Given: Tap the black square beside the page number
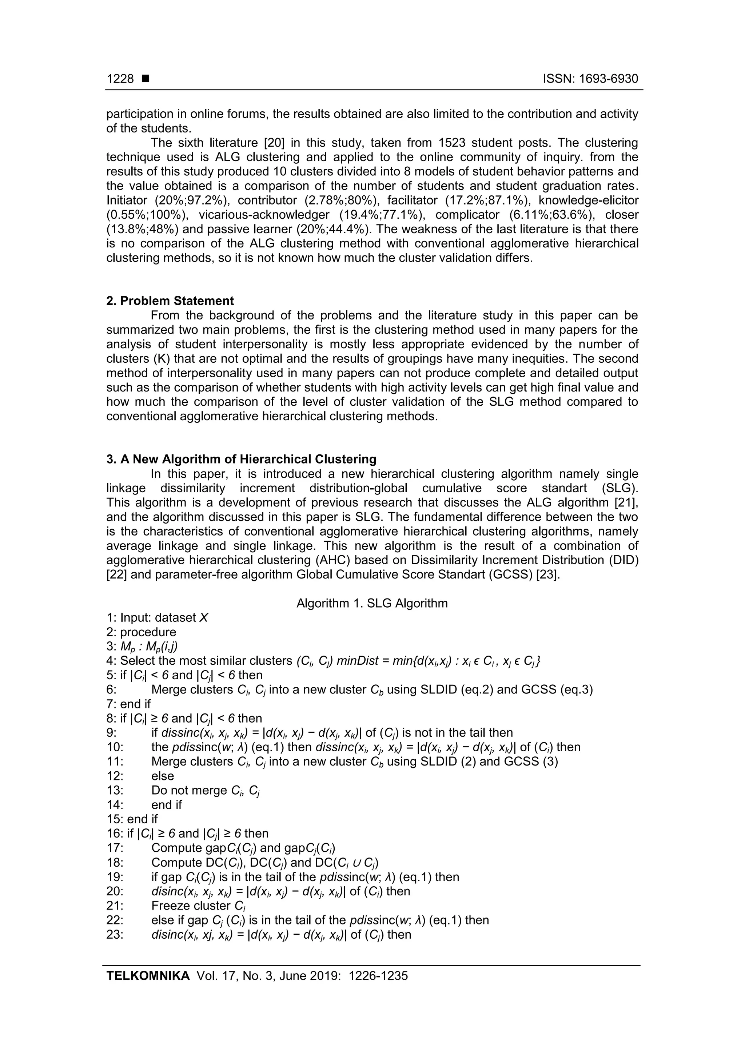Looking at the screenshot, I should point(146,79).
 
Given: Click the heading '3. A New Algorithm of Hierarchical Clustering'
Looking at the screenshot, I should point(242,459).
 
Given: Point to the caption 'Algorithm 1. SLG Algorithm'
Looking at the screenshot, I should point(372,603).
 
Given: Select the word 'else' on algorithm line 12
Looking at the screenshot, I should point(163,776).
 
